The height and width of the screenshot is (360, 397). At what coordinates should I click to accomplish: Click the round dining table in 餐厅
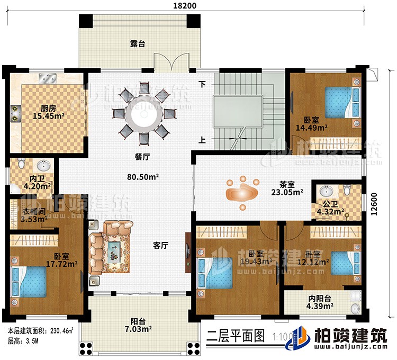(143, 113)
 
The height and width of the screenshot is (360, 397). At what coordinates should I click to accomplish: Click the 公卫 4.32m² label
(329, 208)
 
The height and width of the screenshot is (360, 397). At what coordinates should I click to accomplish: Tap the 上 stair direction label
(202, 140)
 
